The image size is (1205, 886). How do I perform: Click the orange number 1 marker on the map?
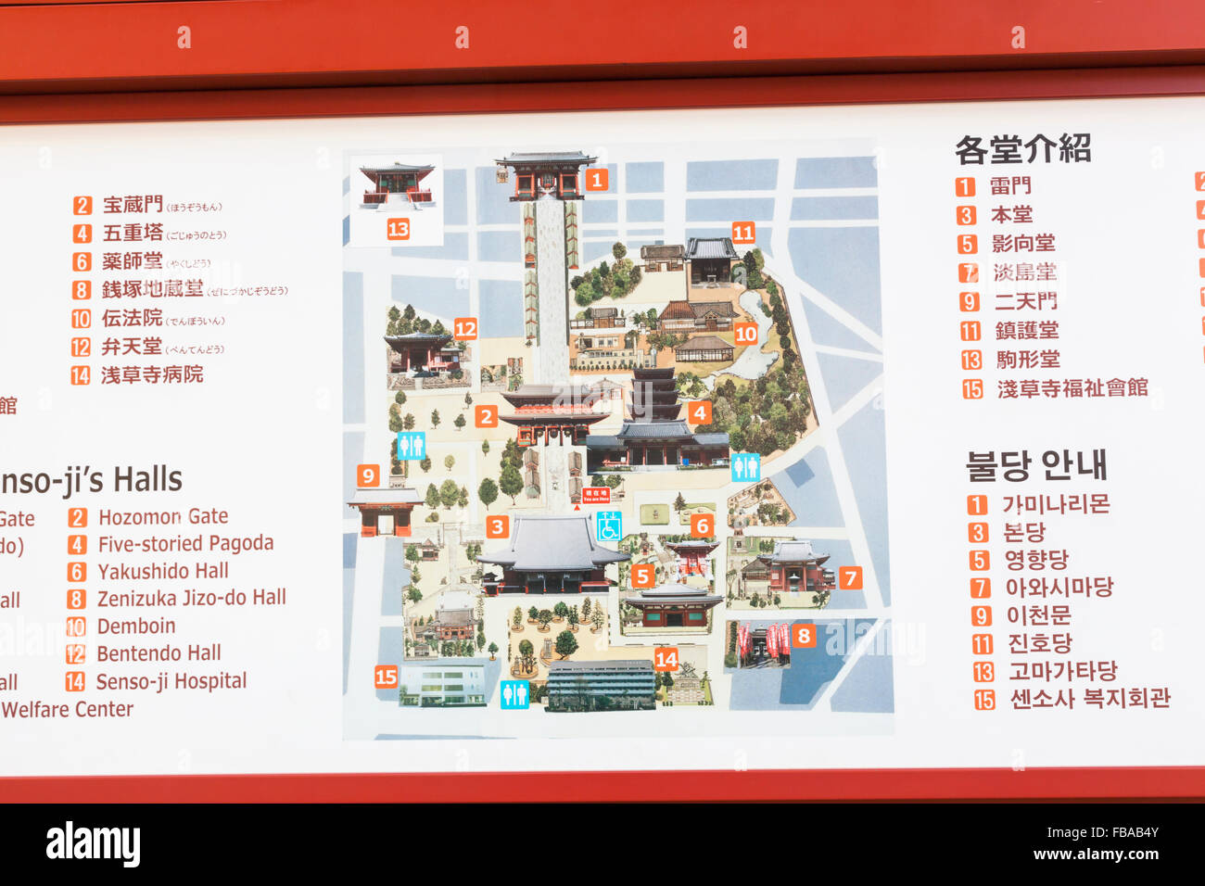coord(596,180)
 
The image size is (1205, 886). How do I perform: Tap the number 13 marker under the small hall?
coord(398,229)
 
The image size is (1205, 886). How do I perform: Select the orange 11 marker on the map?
coord(743,233)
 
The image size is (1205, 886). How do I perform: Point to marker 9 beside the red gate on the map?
coord(368,475)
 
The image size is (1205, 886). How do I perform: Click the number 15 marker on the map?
coord(386,677)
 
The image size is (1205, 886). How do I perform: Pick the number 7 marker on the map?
coord(850,578)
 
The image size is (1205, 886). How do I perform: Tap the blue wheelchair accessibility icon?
coord(609,526)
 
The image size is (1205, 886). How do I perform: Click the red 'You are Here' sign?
coord(596,496)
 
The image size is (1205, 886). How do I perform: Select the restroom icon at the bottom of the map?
coord(514,693)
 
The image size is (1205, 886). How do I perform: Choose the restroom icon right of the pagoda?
coord(745,467)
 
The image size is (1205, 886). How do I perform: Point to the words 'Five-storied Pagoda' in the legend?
coord(185,544)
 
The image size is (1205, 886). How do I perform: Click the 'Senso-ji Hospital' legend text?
coord(171,682)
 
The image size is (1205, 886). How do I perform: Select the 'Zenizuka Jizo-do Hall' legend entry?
coord(191,599)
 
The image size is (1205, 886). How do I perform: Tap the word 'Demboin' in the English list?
coord(136,627)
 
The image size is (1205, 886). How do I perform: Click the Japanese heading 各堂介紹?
coord(1022,149)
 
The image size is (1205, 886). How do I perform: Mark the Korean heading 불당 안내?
coord(1035,465)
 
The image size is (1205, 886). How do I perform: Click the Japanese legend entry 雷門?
coord(1009,186)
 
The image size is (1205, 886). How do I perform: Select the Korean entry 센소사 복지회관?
coord(1089,699)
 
